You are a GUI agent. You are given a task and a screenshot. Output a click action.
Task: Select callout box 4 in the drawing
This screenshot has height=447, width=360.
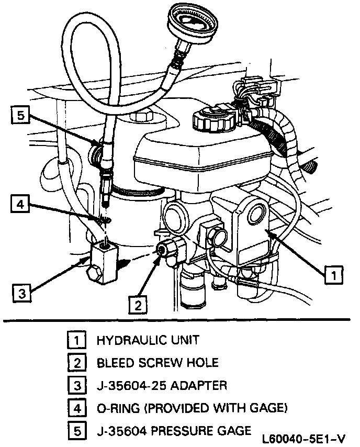point(20,205)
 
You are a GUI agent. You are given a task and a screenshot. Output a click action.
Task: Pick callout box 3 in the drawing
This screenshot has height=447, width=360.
point(20,294)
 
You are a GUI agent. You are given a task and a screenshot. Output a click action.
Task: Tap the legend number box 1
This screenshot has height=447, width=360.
point(77,341)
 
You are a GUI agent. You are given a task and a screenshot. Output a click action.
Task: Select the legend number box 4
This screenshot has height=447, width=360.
point(77,408)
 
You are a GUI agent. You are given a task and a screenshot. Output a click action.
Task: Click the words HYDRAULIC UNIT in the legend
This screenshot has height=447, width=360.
point(148,341)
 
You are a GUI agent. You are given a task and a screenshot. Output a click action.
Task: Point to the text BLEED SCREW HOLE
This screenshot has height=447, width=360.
point(157,363)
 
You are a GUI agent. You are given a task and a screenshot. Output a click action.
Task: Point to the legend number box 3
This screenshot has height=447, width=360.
point(77,385)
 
